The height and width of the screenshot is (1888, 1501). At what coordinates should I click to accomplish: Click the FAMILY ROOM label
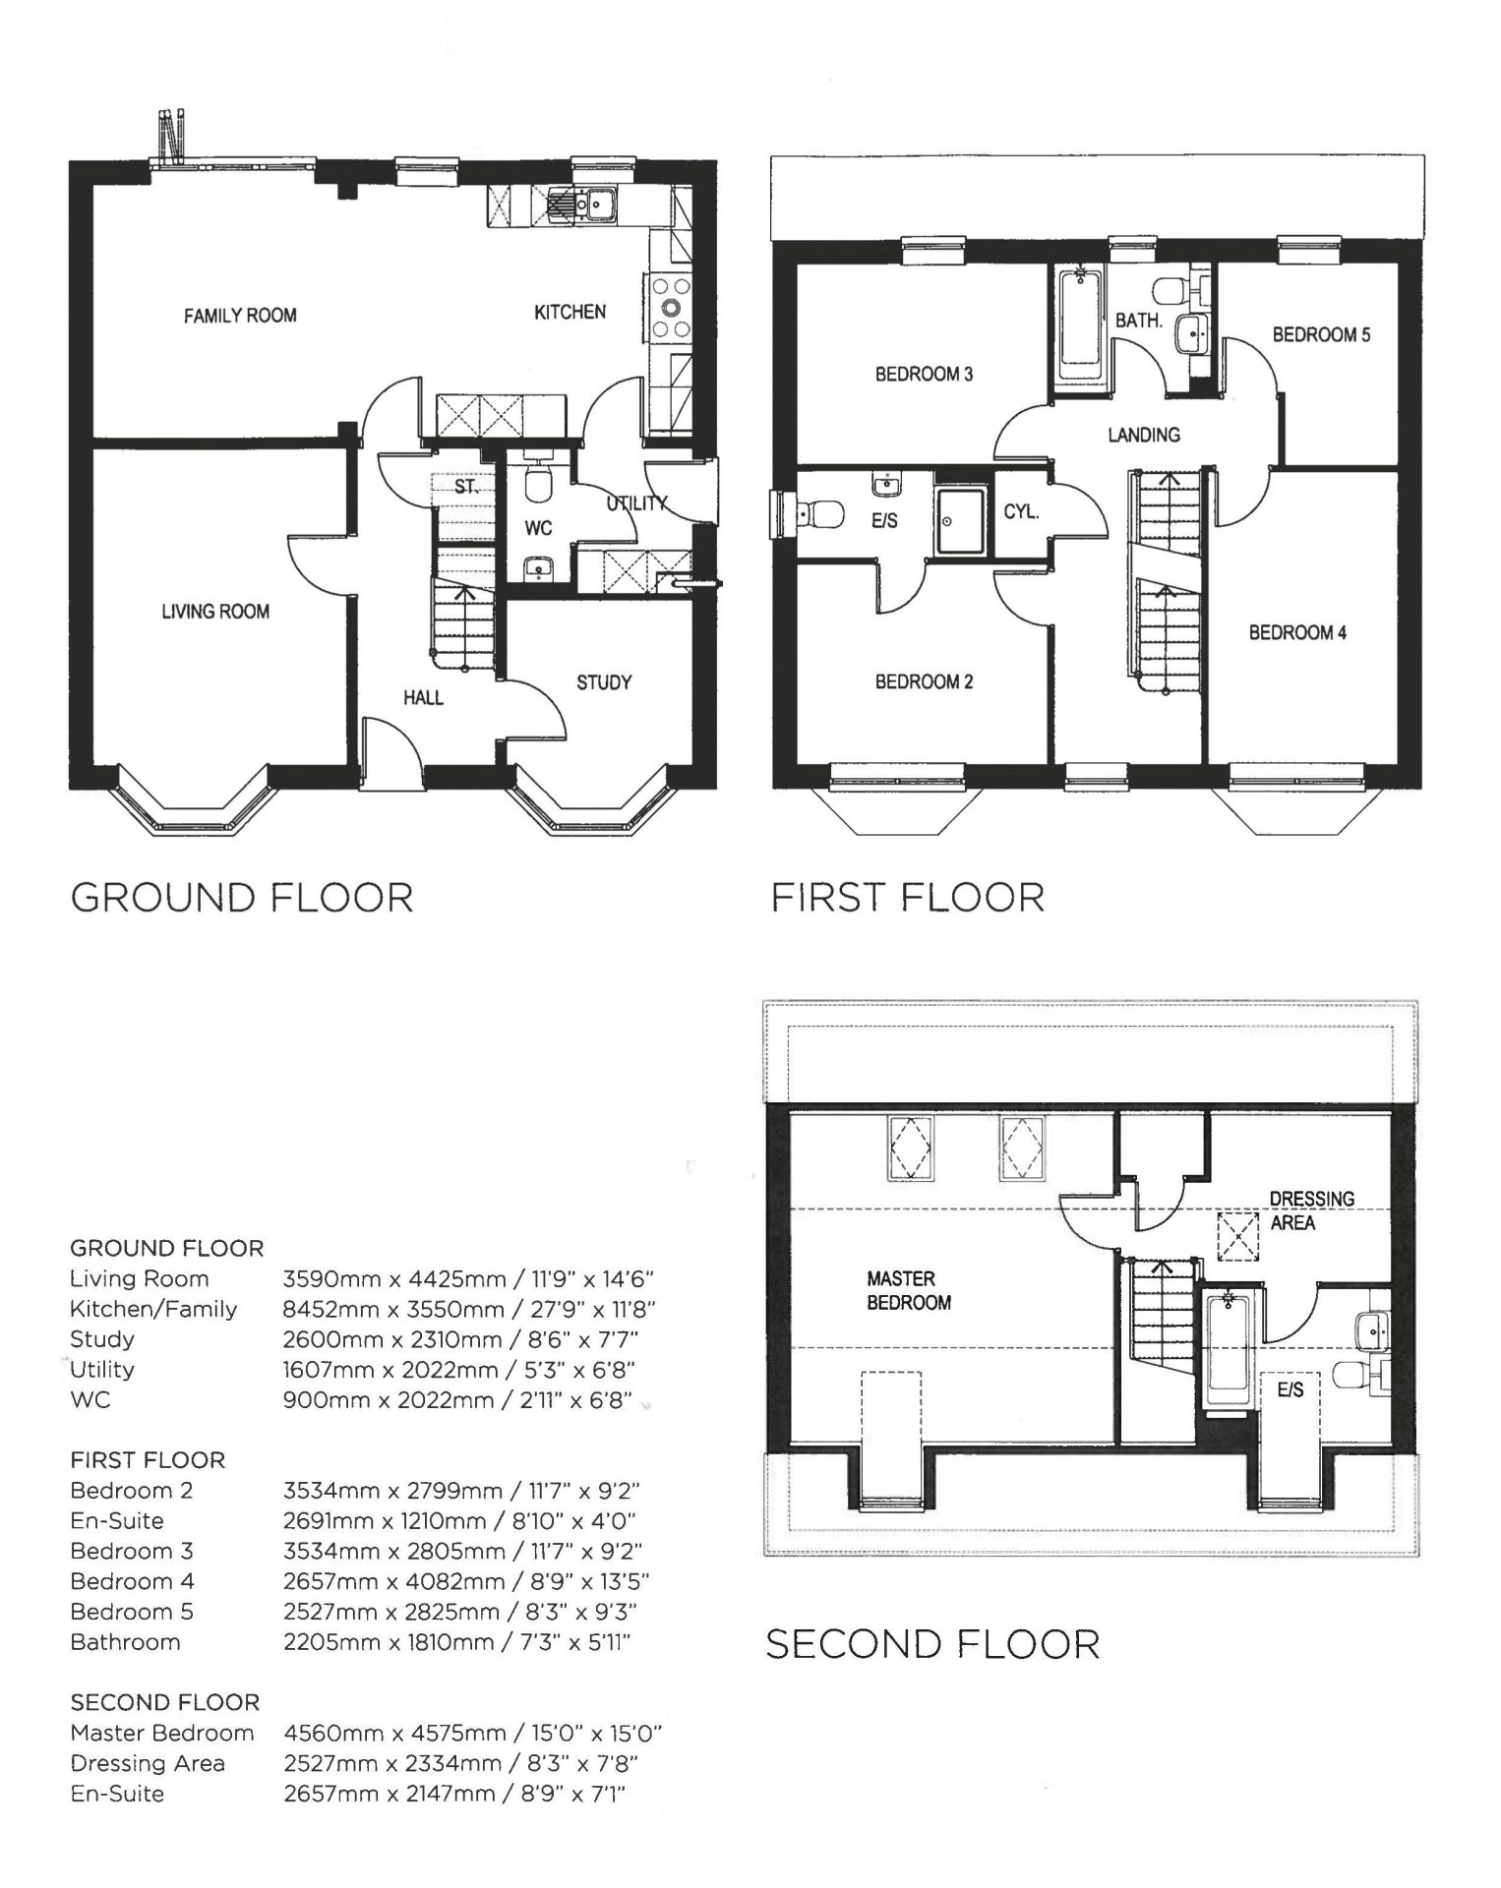240,315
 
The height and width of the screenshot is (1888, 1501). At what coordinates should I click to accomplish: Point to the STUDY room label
604,682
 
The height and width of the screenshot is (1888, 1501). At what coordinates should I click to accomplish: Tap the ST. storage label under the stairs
466,487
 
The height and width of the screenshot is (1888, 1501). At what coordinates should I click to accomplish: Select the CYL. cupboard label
1021,512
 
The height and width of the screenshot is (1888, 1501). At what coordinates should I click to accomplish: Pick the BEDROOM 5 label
1321,334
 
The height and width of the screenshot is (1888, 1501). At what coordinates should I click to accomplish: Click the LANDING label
1144,435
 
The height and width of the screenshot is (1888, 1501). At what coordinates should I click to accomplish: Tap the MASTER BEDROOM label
909,1290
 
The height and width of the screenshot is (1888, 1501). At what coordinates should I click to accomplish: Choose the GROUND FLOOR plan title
242,898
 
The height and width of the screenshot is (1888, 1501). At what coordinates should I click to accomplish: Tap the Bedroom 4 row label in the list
133,1581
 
